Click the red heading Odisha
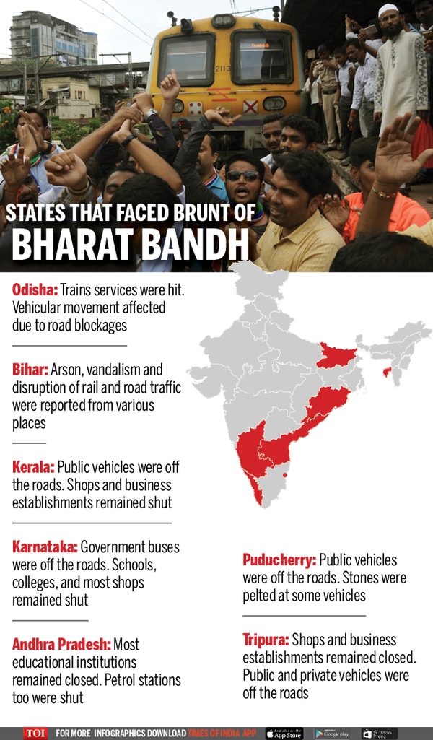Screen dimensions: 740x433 pos(34,290)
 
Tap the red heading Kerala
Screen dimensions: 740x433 pos(33,467)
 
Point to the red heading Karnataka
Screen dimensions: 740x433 pos(45,547)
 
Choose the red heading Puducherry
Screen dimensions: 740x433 pos(279,560)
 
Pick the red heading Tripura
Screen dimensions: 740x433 pos(266,640)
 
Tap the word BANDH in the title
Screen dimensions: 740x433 pos(195,245)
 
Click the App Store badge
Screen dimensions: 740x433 pos(284,733)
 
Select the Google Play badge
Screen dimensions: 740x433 pos(331,733)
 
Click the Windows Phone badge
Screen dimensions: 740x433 pos(379,733)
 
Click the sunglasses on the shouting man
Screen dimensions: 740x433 pos(242,175)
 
